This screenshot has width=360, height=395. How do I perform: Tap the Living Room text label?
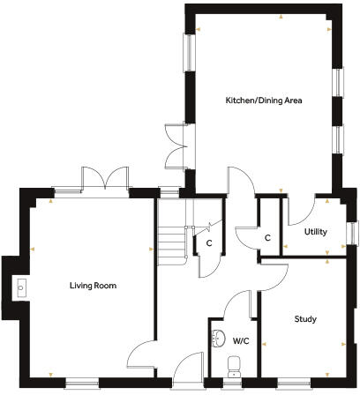[93, 286]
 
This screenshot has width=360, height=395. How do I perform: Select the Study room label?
[305, 318]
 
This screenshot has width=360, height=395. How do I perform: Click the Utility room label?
[316, 231]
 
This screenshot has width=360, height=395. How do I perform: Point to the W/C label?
[241, 340]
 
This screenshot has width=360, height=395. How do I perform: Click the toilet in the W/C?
[234, 366]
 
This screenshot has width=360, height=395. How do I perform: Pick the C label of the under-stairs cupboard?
[208, 243]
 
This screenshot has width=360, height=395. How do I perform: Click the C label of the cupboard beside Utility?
[266, 238]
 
